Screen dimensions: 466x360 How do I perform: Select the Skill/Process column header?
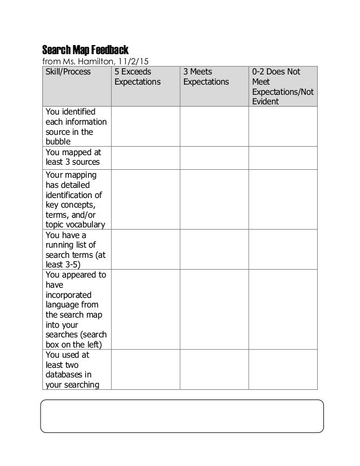click(68, 72)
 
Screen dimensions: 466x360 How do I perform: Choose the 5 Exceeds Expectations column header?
click(137, 77)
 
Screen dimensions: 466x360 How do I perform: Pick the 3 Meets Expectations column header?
click(205, 77)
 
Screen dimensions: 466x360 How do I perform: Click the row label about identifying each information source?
click(69, 126)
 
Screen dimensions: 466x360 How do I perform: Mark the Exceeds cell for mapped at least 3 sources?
click(145, 157)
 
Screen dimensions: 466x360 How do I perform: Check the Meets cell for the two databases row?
click(214, 370)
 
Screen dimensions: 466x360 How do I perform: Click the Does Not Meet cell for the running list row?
click(283, 249)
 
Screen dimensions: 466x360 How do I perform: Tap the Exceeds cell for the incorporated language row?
click(145, 309)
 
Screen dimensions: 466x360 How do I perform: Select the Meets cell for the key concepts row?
click(214, 199)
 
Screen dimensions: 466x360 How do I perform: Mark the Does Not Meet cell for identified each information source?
click(283, 126)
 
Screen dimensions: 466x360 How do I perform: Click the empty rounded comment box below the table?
click(182, 416)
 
